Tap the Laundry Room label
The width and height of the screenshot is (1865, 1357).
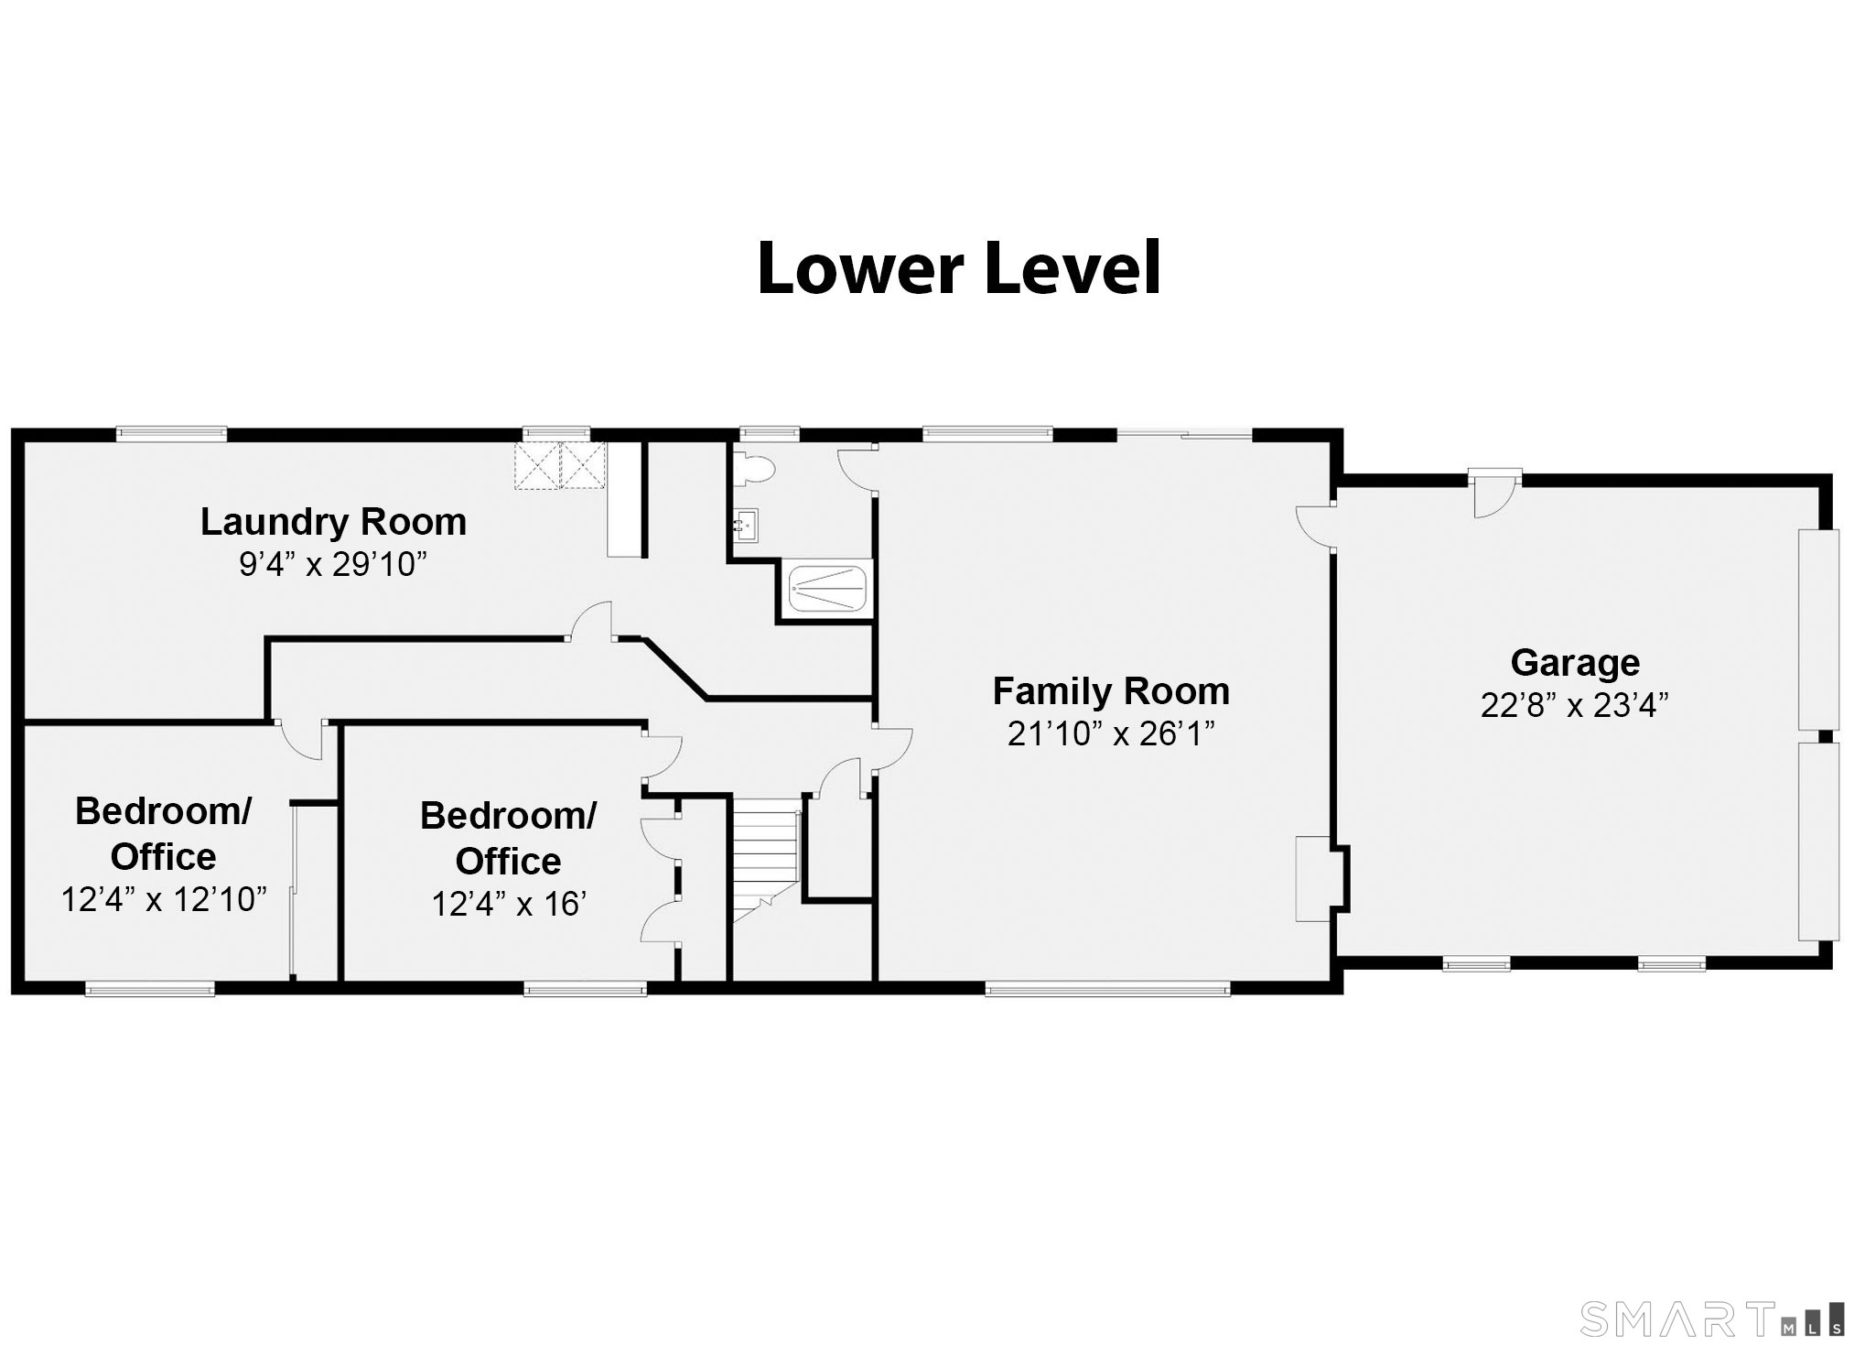point(333,522)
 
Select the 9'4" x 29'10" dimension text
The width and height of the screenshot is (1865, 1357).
point(333,564)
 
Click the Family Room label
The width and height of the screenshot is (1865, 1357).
point(1111,690)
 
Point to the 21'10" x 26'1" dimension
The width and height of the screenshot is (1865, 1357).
point(1111,733)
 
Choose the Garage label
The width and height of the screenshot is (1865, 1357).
point(1575,662)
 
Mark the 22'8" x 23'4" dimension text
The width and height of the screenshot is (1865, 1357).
point(1575,705)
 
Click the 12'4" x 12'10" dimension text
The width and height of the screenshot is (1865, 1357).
point(164,899)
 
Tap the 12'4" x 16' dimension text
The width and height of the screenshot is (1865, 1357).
point(509,904)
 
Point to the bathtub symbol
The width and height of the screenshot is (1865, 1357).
point(827,587)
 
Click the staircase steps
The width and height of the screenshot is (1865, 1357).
point(765,856)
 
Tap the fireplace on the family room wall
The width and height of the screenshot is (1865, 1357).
point(1312,879)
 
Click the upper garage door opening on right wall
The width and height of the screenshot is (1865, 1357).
point(1819,629)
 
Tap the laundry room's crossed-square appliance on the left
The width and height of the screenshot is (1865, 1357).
point(536,467)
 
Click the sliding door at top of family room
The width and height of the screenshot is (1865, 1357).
point(1184,436)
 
